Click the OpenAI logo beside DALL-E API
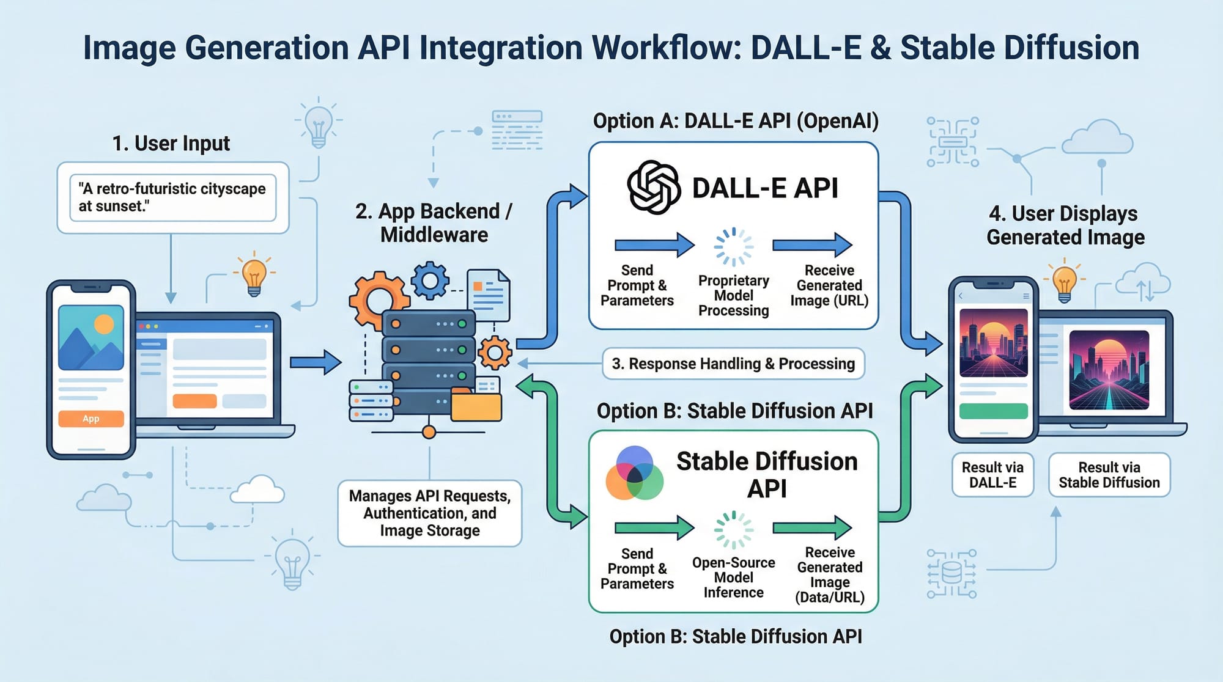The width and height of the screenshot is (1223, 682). pos(654,187)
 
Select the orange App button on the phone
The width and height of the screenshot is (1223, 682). pos(91,419)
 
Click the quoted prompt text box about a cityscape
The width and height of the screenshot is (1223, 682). pos(172,197)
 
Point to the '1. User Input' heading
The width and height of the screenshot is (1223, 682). pos(171,144)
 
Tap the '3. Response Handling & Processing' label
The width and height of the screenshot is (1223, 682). pos(733,364)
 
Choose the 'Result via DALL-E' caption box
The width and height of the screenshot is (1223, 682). pos(992,475)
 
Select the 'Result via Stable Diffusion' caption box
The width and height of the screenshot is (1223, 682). pos(1109,475)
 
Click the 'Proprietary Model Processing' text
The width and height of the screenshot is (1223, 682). pos(734,296)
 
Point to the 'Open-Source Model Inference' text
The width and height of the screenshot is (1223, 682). pos(734,577)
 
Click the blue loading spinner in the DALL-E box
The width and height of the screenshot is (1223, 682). pos(734,247)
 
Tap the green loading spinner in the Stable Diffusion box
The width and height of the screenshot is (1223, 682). pos(734,530)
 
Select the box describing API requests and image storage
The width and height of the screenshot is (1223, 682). pos(430,513)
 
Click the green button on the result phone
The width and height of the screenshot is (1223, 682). pos(993,411)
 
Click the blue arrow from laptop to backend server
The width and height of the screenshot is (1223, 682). pos(315,362)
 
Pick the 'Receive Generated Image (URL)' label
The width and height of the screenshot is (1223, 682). pos(829,285)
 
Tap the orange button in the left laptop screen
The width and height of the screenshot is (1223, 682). pos(194,401)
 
